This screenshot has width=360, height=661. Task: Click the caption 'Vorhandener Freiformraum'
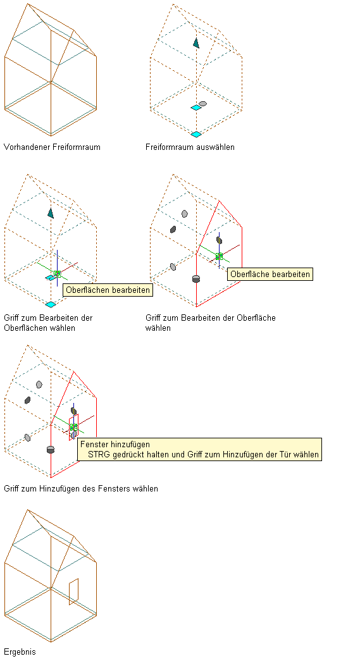click(52, 147)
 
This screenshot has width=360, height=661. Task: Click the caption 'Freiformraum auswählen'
click(190, 147)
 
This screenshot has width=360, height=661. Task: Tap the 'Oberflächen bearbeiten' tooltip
click(108, 290)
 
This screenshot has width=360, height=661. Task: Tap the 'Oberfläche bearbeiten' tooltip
click(270, 274)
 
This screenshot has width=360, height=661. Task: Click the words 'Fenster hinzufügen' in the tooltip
click(115, 444)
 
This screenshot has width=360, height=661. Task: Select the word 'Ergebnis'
click(20, 652)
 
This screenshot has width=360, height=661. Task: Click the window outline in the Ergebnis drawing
click(74, 591)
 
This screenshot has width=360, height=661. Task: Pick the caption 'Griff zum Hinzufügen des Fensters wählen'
click(81, 488)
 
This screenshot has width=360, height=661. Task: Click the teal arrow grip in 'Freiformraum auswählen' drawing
click(196, 42)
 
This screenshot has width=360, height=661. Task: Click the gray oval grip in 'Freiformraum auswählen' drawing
click(202, 103)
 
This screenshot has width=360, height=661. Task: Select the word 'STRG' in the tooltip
click(97, 455)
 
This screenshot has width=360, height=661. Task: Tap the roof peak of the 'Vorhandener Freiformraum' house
click(27, 4)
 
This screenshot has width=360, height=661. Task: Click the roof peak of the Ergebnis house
click(27, 510)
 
